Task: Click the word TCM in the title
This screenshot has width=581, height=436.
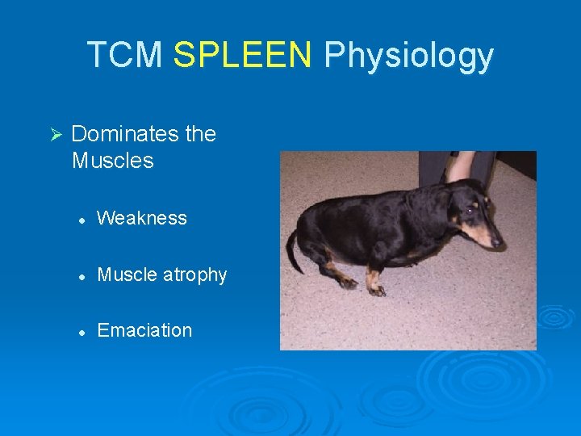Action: coord(125,55)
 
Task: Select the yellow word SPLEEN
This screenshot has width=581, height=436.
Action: coord(243,55)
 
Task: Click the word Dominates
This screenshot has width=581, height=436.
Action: coord(125,134)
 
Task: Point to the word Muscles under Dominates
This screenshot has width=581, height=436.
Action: coord(112,161)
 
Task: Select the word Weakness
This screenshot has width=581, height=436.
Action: coord(142,218)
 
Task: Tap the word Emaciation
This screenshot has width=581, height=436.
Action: coord(144,330)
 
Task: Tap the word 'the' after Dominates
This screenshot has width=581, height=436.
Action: coord(201,134)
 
